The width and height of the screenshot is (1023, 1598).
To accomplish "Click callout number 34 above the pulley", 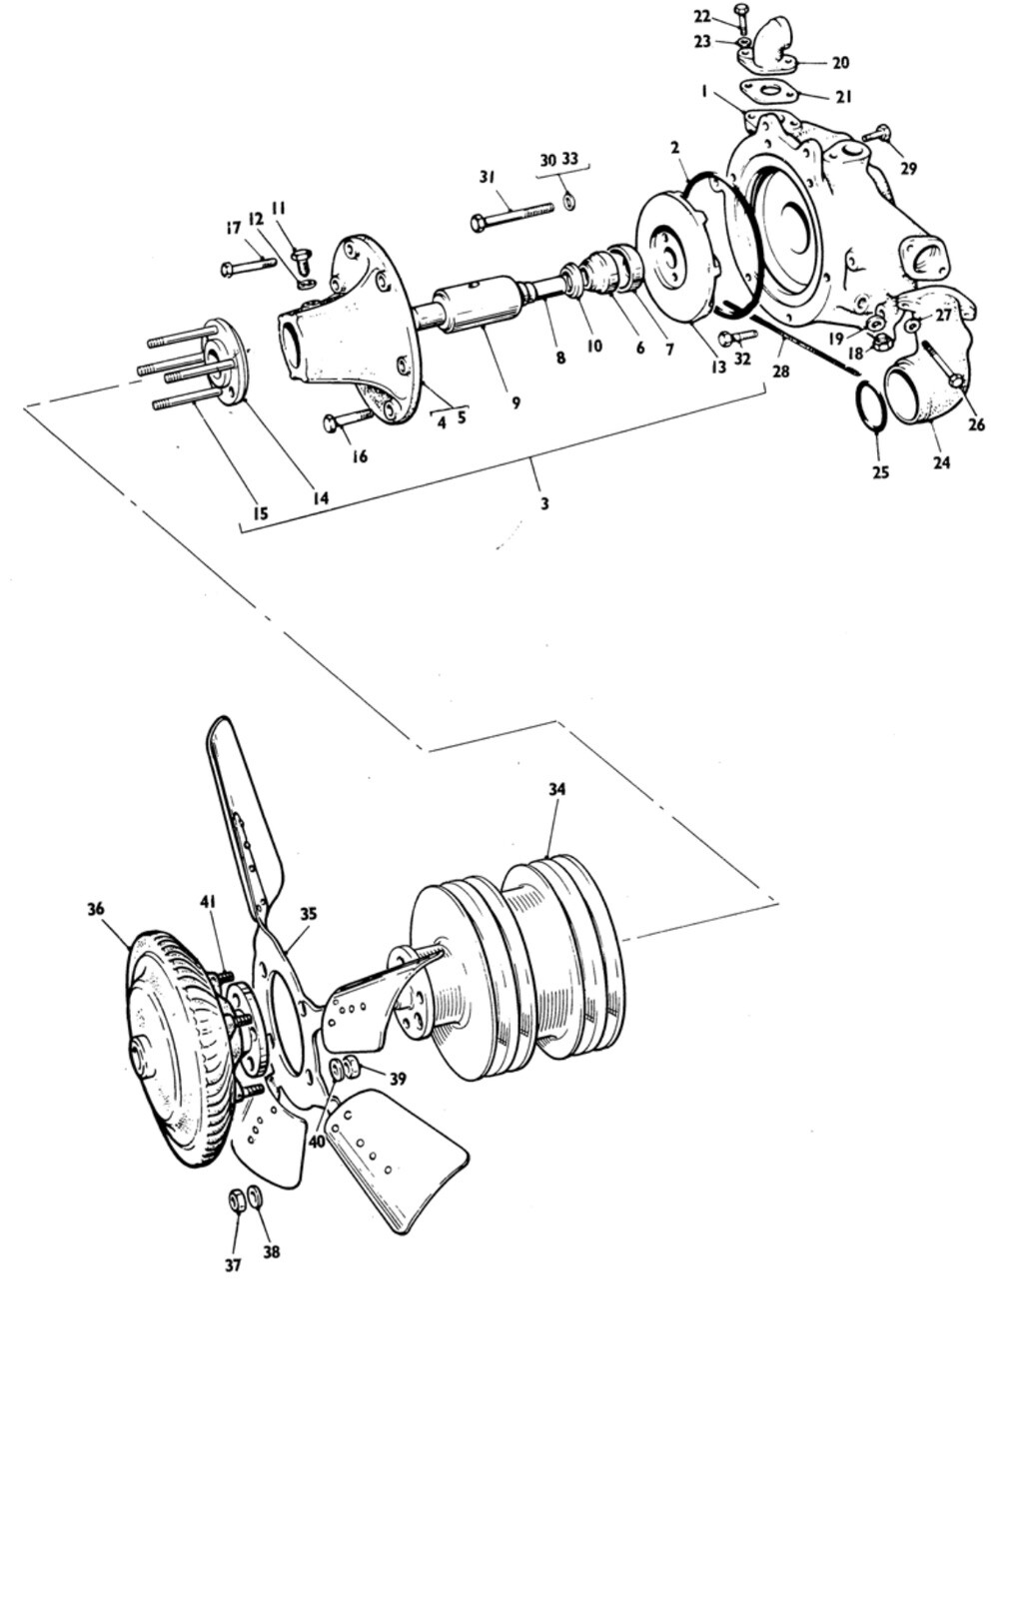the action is coord(557,789).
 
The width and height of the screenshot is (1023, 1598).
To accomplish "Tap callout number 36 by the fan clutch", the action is coord(96,909).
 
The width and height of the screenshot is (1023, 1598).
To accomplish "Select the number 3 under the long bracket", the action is coord(544,503).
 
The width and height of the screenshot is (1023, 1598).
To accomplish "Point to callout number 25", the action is coord(881,471).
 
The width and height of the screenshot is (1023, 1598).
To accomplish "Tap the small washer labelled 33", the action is coord(568,201).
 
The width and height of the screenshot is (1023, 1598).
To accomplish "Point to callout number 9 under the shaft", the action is coord(515,403).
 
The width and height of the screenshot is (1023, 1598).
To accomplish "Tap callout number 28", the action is coord(781,372).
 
